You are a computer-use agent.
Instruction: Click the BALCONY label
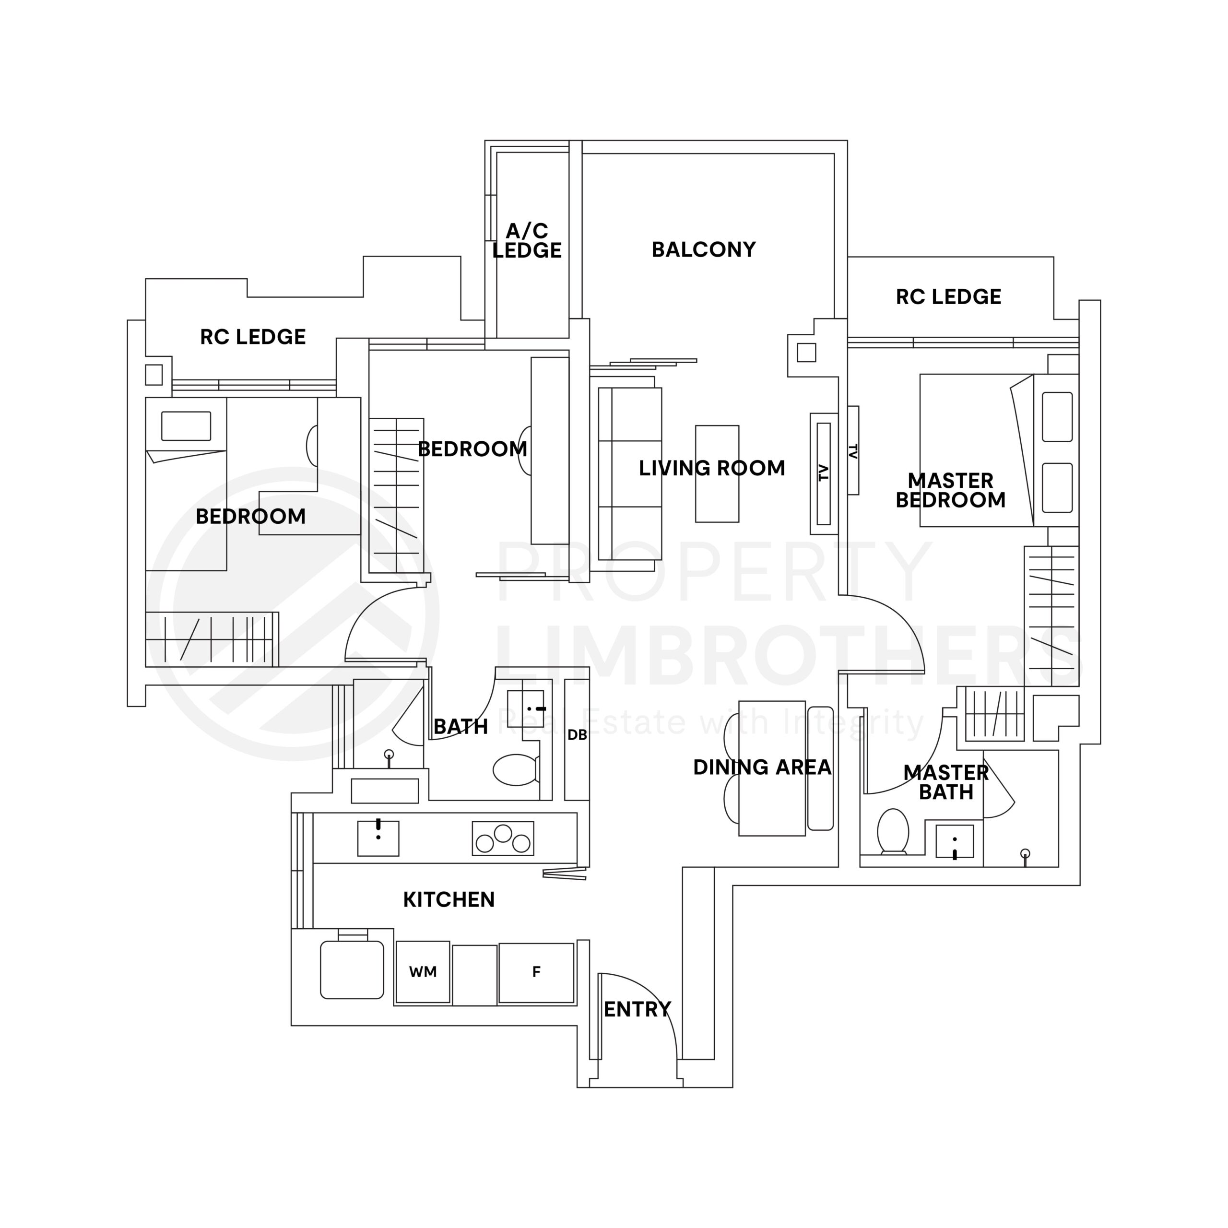coord(703,249)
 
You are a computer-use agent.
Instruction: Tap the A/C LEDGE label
coord(526,240)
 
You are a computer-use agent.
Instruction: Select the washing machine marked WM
coord(423,972)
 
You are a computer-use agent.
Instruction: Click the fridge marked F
coord(536,972)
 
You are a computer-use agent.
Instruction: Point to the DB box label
coord(577,735)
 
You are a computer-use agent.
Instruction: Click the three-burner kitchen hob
coord(503,838)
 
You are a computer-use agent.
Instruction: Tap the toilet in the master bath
coord(893,831)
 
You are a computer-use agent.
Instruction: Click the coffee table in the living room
coord(717,474)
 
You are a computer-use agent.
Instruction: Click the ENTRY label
coord(637,1009)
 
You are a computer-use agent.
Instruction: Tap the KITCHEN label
coord(449,899)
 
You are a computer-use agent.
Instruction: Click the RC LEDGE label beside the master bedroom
coord(948,297)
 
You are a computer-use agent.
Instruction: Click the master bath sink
coord(955,841)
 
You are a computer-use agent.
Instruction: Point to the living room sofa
coord(629,473)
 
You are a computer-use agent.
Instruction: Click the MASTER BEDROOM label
coord(950,490)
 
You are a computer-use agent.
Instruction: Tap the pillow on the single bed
coord(186,426)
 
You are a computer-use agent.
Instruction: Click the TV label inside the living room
coord(824,473)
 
